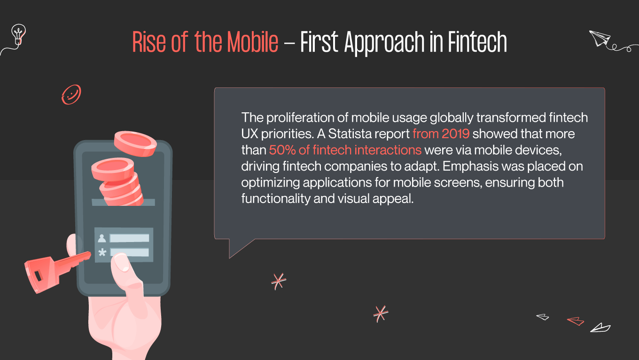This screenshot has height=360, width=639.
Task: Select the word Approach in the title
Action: tap(385, 43)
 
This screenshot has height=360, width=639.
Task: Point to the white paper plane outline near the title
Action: tap(599, 39)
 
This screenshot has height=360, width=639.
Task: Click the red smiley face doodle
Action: tap(71, 94)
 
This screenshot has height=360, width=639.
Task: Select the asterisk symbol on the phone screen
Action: tap(102, 253)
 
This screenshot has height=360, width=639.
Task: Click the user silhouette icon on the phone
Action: tap(102, 238)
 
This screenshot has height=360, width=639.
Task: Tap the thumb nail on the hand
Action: tap(122, 264)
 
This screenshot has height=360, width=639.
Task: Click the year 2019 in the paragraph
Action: tap(455, 133)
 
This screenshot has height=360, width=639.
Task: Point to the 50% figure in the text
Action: tap(281, 150)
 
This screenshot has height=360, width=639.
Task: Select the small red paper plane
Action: tap(576, 321)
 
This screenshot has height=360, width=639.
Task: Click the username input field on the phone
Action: tap(129, 238)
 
